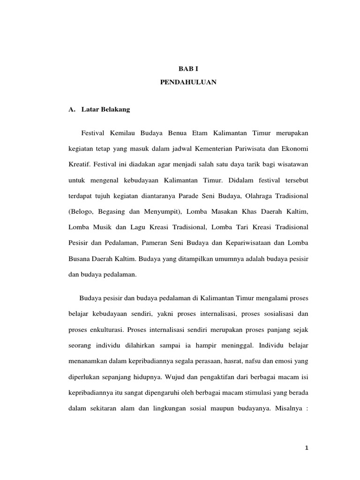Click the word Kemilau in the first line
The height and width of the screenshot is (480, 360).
pos(123,134)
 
